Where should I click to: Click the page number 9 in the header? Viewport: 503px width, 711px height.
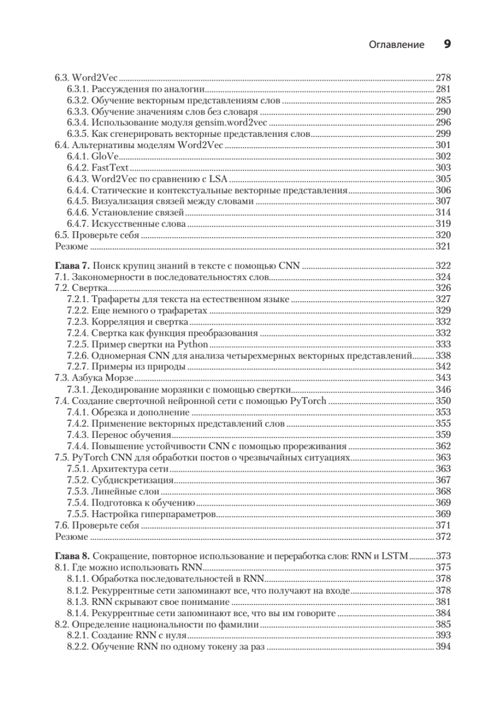coord(447,44)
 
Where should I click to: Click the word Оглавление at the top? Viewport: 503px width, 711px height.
coord(396,45)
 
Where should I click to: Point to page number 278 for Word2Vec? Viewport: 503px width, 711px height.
coord(443,78)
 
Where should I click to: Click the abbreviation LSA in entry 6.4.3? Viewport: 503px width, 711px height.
coord(220,179)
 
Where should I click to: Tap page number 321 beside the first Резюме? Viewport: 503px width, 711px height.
coord(443,246)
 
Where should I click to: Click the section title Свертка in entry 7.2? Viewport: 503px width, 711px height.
coord(85,289)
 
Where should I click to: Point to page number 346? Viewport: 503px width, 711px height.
coord(443,389)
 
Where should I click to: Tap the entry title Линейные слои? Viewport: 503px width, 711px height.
coord(126,491)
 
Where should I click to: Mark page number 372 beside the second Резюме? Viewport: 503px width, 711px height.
coord(443,537)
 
